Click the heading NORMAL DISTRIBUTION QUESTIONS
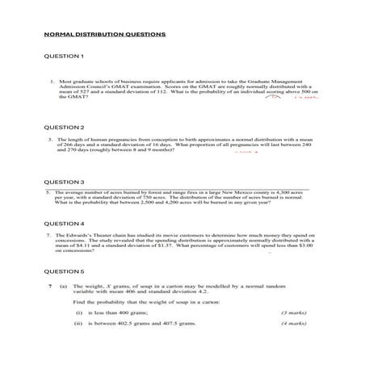(104, 36)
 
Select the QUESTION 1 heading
(64, 57)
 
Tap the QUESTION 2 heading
(64, 128)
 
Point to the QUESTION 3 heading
(64, 182)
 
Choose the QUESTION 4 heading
(64, 223)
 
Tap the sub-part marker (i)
(79, 312)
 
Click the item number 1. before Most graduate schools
(51, 82)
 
